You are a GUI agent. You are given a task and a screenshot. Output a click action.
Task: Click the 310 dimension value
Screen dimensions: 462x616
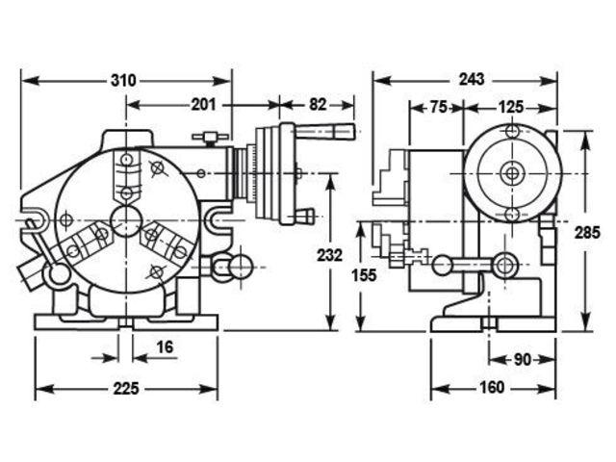point(121,79)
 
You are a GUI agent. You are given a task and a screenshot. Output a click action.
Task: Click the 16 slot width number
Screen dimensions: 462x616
point(166,346)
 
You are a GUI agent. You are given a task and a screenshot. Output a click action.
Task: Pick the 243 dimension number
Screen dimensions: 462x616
point(472,79)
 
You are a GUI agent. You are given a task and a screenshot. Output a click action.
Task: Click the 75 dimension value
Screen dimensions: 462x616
point(437,107)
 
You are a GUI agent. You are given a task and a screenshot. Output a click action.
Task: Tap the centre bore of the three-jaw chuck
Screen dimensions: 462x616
point(125,220)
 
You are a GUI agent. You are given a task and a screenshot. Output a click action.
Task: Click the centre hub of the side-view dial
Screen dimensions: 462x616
point(512,173)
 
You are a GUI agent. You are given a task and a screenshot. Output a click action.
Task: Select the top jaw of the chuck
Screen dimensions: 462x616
point(125,174)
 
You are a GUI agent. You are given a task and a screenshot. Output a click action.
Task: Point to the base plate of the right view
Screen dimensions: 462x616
point(492,324)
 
